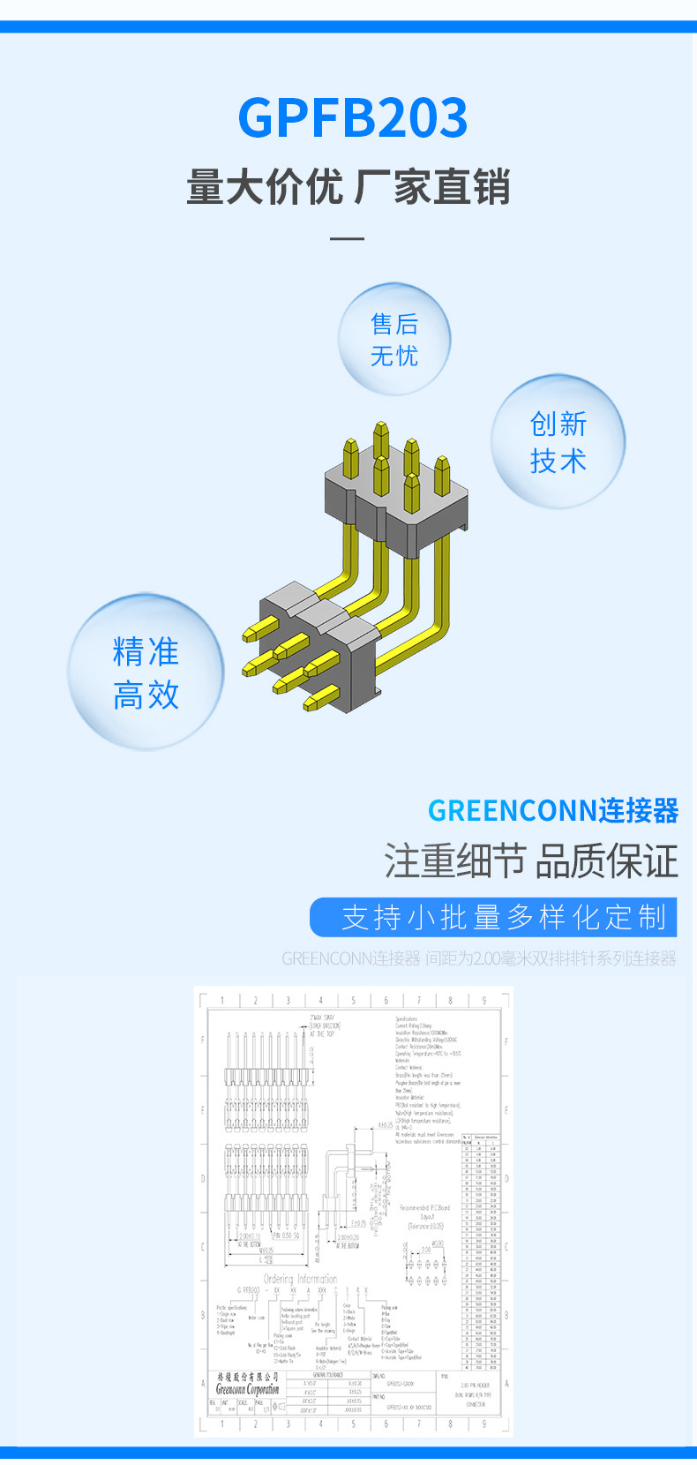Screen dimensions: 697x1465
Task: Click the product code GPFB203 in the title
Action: point(352,118)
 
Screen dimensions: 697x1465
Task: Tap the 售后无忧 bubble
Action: point(394,340)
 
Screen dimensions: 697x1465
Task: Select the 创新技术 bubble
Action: point(558,441)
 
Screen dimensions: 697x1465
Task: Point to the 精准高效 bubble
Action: point(146,672)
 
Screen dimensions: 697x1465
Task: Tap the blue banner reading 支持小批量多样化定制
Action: point(493,917)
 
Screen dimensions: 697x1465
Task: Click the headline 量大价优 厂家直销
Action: point(348,187)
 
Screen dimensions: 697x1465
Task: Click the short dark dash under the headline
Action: point(347,238)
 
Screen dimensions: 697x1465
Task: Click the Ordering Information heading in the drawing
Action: point(300,1279)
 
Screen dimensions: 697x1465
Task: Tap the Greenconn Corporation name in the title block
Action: point(248,1389)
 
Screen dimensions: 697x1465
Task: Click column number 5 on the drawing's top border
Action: point(353,1000)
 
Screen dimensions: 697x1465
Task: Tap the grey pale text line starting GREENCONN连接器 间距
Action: point(479,958)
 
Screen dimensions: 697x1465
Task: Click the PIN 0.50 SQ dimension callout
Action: point(286,1236)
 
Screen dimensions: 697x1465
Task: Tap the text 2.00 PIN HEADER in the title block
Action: point(476,1385)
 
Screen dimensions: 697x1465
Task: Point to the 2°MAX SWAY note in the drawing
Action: point(322,1018)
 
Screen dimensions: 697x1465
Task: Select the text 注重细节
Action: point(454,861)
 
